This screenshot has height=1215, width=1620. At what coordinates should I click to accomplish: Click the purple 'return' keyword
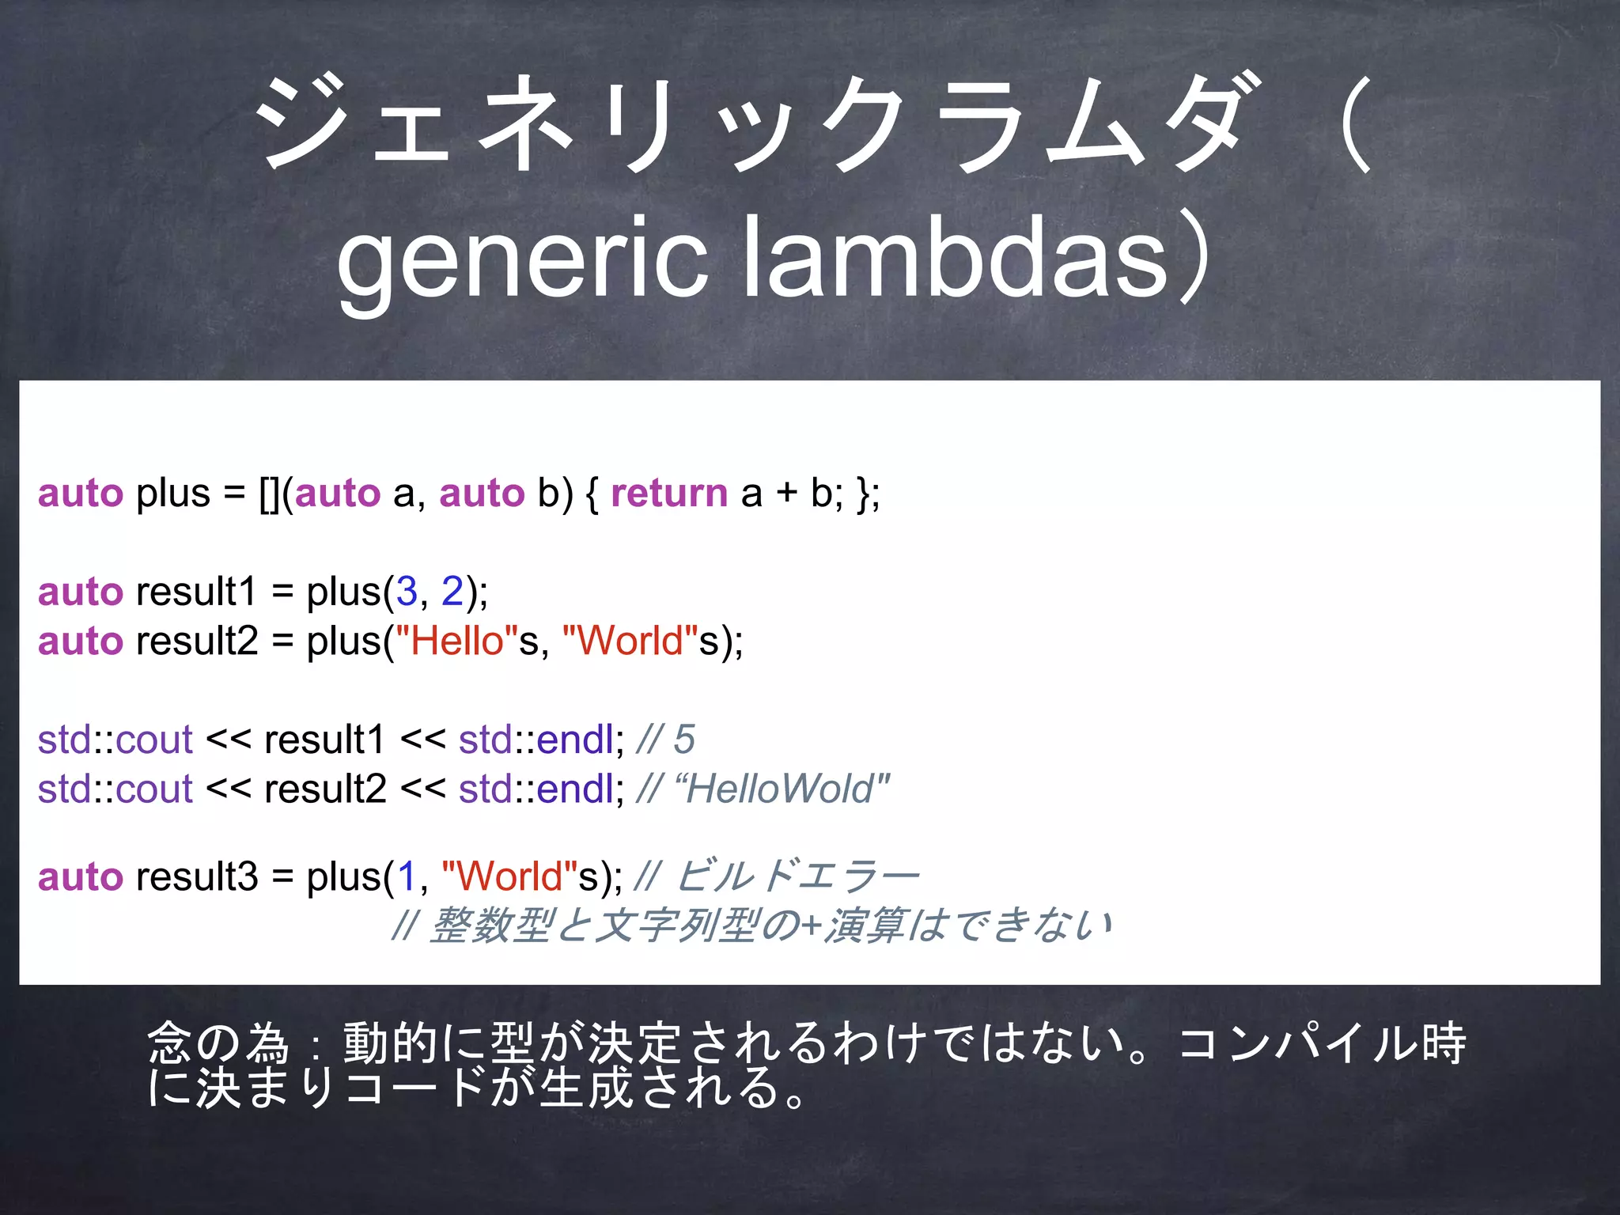coord(669,494)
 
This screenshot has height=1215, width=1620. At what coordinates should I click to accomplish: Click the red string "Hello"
coord(456,641)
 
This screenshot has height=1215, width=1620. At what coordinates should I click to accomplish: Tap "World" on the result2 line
coord(630,641)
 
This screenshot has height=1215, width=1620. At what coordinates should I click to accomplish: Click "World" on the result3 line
coord(509,876)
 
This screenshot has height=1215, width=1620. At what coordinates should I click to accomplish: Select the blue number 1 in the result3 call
coord(407,876)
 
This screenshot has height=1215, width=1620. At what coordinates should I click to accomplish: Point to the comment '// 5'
coord(665,740)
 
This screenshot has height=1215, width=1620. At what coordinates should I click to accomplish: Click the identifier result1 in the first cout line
coord(324,740)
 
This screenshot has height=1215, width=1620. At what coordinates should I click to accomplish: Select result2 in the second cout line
coord(325,789)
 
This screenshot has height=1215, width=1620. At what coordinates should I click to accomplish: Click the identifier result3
coord(197,876)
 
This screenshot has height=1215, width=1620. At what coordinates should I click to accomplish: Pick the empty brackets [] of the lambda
coord(269,494)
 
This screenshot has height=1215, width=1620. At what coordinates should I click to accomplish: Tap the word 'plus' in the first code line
coord(172,494)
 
